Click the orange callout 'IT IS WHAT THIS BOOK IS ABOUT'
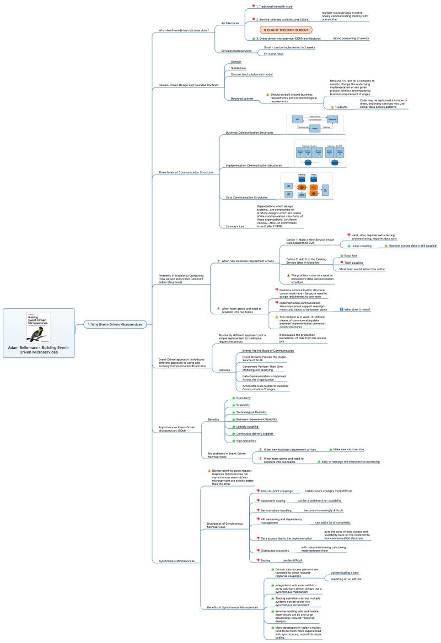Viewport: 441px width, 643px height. (x=286, y=29)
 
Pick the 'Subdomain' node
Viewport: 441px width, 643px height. (x=239, y=68)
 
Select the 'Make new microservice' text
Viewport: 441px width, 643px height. (x=352, y=449)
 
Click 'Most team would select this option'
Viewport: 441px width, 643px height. (x=362, y=269)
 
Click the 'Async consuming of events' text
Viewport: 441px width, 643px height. (x=351, y=39)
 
